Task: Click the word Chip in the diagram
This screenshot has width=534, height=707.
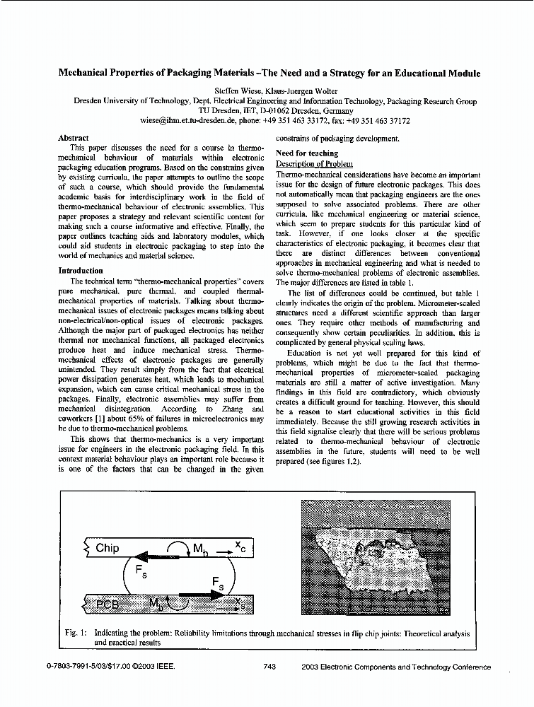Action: coord(108,548)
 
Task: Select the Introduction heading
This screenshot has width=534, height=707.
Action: coord(81,270)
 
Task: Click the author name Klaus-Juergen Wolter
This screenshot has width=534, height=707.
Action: coord(294,90)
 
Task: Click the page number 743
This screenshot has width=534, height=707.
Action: coord(269,667)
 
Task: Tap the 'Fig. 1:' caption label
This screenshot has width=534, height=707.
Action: coord(76,633)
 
